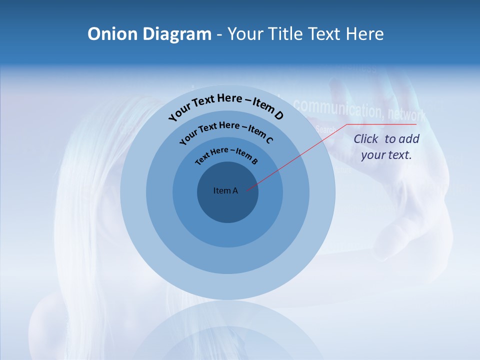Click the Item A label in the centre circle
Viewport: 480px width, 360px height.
225,190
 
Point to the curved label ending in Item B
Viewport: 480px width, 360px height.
226,154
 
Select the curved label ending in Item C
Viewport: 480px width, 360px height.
225,131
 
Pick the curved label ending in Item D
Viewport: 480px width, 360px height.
225,105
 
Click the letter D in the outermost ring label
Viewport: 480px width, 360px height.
278,116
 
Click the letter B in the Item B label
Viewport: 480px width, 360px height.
254,161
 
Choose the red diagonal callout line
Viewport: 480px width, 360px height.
295,158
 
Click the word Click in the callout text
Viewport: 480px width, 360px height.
366,139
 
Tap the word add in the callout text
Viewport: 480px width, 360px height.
408,139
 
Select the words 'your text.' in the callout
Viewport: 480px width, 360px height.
386,155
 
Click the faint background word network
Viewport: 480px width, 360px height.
406,114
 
